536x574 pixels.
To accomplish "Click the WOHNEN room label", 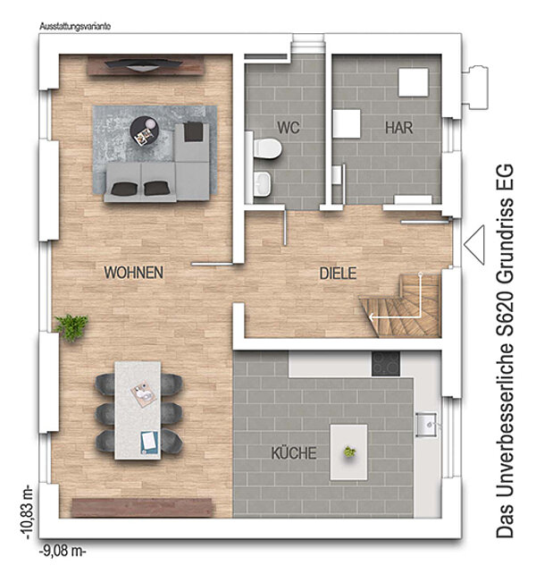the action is [x=133, y=273].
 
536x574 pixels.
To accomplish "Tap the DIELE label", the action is [x=338, y=274].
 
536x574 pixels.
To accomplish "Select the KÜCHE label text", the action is [x=294, y=452].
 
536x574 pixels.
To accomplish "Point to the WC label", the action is [x=289, y=128].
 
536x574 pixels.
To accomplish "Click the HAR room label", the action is [x=398, y=128].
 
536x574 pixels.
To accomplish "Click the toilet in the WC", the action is [x=267, y=148].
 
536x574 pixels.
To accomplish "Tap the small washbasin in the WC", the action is [x=263, y=183].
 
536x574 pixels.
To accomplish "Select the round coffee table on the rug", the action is [x=144, y=131].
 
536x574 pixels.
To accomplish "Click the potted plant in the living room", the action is [x=71, y=327].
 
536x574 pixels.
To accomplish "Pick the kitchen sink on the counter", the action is [x=426, y=425].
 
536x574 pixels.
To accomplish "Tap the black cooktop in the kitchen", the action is [x=386, y=364].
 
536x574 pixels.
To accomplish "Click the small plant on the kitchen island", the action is [x=350, y=452].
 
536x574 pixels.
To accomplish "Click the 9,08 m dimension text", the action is [x=63, y=552].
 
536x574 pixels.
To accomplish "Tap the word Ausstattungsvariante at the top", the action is [x=75, y=27].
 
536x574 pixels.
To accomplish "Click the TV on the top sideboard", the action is [x=143, y=64].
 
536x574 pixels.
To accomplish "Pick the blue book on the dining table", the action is [x=149, y=443].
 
